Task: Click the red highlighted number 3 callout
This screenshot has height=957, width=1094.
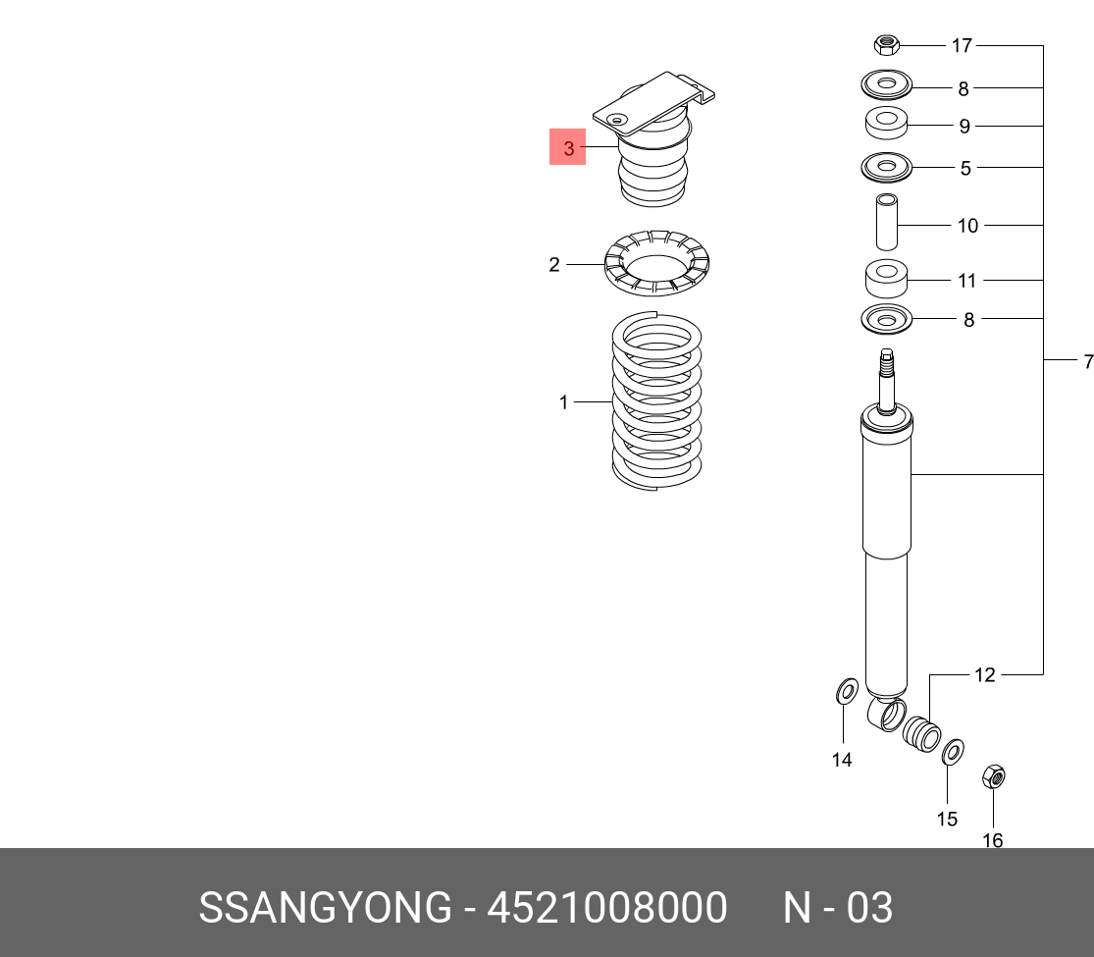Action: pyautogui.click(x=567, y=147)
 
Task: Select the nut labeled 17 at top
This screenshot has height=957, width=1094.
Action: pyautogui.click(x=886, y=45)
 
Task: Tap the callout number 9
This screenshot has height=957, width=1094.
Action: pyautogui.click(x=964, y=127)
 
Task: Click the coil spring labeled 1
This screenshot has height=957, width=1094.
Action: pyautogui.click(x=656, y=401)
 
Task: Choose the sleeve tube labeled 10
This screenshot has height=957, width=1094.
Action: pyautogui.click(x=886, y=222)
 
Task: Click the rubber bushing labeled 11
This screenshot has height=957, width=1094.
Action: pyautogui.click(x=886, y=279)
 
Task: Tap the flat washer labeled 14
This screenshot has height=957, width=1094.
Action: pyautogui.click(x=847, y=692)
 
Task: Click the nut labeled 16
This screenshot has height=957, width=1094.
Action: pyautogui.click(x=993, y=776)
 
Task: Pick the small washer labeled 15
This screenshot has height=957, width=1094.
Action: pyautogui.click(x=953, y=753)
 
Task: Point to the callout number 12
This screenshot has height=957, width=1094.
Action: pyautogui.click(x=984, y=675)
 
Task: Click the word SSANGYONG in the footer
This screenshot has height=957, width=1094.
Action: pyautogui.click(x=326, y=908)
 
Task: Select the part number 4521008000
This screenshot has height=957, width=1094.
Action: pyautogui.click(x=607, y=908)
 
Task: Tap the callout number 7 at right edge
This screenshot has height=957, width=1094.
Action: pyautogui.click(x=1088, y=361)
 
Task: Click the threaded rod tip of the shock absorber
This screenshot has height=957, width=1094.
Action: pyautogui.click(x=886, y=356)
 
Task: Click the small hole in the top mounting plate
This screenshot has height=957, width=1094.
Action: pyautogui.click(x=616, y=120)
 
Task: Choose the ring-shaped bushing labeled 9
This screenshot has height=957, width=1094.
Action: pyautogui.click(x=886, y=124)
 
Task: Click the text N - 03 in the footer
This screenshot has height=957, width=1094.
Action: pyautogui.click(x=837, y=908)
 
